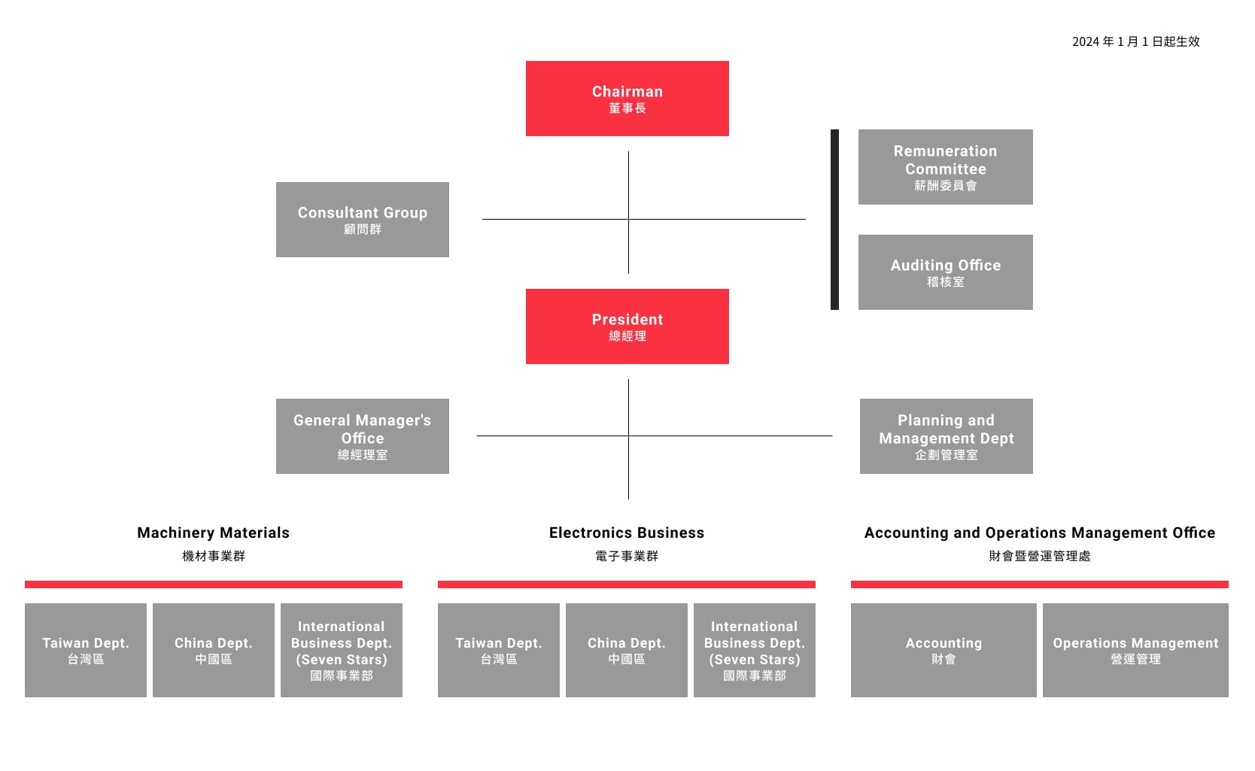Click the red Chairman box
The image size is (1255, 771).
click(627, 99)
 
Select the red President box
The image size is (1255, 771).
click(627, 326)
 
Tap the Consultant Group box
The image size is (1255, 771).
click(363, 220)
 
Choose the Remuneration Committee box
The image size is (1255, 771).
click(945, 167)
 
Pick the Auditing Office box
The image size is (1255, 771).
click(945, 272)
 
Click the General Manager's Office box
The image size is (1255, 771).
click(363, 436)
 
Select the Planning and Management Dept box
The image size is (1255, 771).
click(947, 436)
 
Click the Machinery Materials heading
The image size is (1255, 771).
click(214, 533)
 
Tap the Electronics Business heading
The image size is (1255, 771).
click(627, 533)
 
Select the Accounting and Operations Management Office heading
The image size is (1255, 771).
click(1040, 533)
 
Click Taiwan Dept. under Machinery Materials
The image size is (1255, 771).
click(86, 650)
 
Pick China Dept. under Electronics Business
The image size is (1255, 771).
click(627, 650)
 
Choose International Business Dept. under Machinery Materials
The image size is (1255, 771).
click(341, 650)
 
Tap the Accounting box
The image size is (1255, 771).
click(944, 650)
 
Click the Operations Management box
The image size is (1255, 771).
click(1135, 650)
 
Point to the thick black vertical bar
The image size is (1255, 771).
click(835, 220)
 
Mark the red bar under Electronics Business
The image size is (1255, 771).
click(627, 584)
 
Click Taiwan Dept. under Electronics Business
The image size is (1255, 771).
click(499, 650)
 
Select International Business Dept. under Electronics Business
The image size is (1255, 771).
click(755, 650)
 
